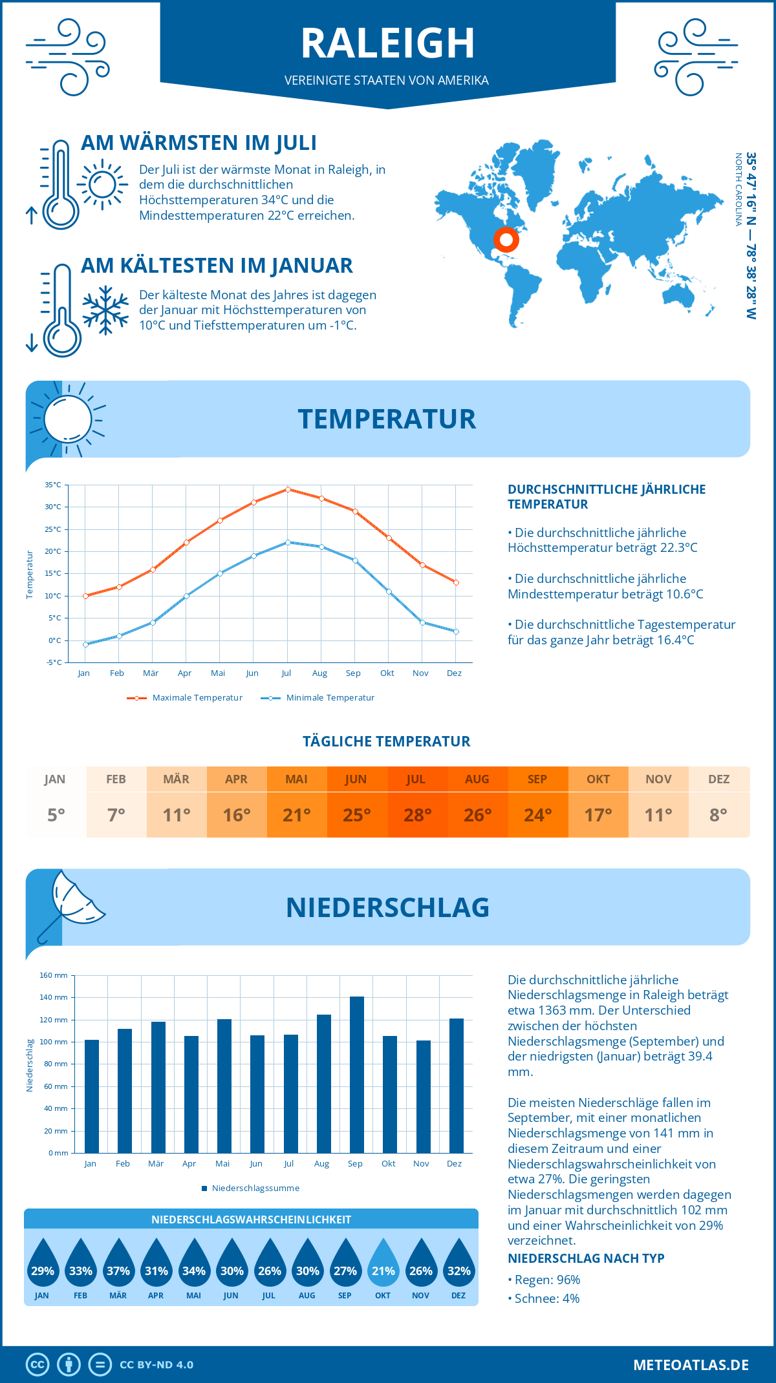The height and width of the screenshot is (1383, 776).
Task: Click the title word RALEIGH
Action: click(x=387, y=43)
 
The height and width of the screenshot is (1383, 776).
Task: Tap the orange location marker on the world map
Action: click(x=506, y=240)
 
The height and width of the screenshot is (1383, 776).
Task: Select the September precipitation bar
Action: click(x=356, y=1074)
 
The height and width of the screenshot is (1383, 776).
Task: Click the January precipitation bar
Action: click(x=92, y=1096)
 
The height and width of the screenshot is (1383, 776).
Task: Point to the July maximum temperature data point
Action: click(x=288, y=489)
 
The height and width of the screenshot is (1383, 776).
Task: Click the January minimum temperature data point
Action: click(x=85, y=644)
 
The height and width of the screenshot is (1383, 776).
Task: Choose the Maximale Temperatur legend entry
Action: click(x=186, y=697)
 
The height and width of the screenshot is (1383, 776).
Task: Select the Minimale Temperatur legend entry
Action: click(x=318, y=697)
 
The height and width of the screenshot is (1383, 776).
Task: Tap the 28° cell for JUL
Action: click(x=417, y=814)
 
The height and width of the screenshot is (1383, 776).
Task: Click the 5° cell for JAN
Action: click(x=56, y=814)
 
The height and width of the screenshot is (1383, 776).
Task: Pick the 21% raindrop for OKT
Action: click(x=383, y=1263)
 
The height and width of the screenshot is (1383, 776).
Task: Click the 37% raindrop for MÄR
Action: click(x=118, y=1263)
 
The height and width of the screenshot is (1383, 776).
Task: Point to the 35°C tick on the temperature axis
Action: click(x=53, y=485)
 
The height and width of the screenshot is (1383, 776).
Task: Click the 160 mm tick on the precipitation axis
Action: click(x=54, y=975)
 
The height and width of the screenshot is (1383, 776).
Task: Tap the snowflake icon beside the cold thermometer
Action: click(x=105, y=310)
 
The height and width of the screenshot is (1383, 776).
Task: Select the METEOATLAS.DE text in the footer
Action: click(x=691, y=1365)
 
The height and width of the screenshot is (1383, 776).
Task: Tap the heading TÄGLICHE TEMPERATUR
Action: click(x=386, y=741)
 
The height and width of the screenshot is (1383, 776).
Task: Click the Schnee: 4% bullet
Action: click(x=544, y=1298)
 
